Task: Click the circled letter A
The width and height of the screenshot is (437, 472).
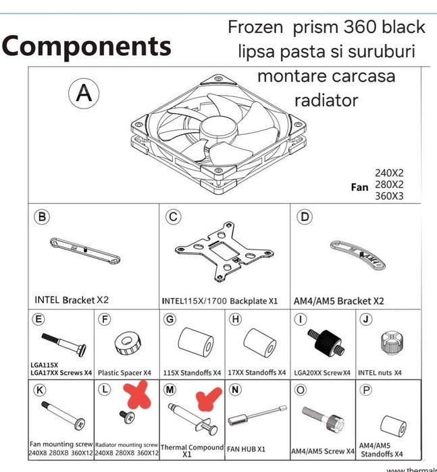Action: [84, 94]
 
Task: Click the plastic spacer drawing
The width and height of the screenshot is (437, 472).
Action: [126, 343]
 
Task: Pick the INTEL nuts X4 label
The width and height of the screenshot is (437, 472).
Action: [380, 372]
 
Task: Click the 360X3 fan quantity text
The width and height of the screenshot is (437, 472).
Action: [389, 196]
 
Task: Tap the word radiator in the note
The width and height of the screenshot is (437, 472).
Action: [326, 100]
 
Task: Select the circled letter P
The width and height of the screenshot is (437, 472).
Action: [366, 390]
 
